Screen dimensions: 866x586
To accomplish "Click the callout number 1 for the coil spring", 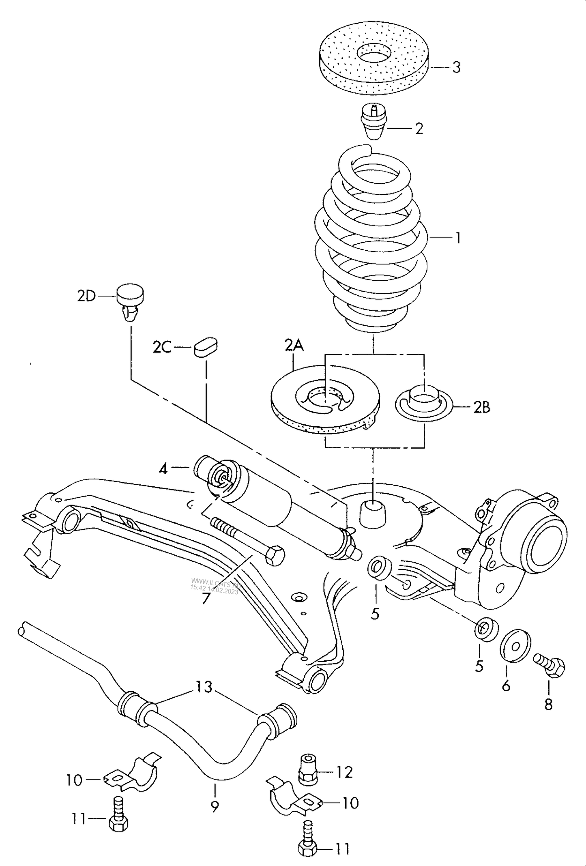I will (x=458, y=238).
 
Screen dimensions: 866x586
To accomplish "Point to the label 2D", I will (x=86, y=297).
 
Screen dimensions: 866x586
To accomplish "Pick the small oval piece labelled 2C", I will (x=206, y=348).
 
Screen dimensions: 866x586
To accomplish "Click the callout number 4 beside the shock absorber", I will (x=163, y=469).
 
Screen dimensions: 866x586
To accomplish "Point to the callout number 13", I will (x=204, y=687).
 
